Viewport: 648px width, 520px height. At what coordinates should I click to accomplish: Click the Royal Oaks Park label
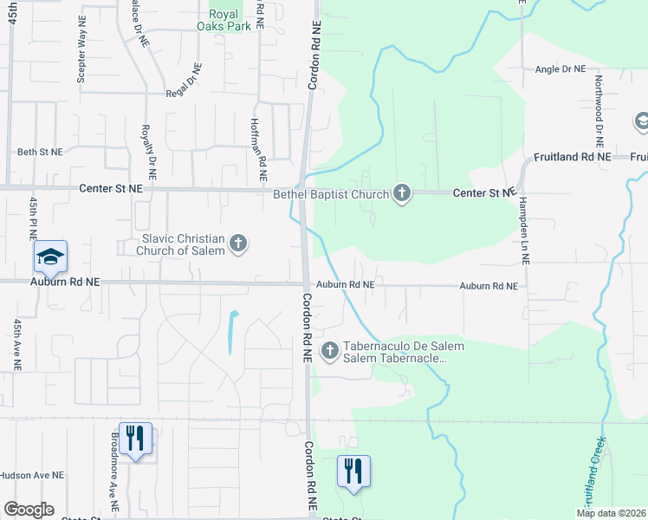coord(230,20)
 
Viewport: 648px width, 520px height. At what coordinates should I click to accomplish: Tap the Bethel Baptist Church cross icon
coord(401,192)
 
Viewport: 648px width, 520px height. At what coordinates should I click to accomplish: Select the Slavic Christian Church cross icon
coord(239,245)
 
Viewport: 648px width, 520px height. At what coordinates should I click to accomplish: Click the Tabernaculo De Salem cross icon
coord(329,351)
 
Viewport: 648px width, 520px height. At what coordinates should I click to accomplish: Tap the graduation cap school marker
coord(50,257)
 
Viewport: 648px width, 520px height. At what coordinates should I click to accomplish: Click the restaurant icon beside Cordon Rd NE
coord(353,471)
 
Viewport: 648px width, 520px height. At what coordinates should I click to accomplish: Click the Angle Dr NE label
coord(561,69)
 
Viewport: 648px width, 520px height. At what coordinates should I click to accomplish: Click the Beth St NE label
coord(40,152)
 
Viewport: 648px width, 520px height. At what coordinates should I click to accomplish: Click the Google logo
coord(29,510)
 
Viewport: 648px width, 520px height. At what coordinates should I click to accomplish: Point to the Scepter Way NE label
coord(81,55)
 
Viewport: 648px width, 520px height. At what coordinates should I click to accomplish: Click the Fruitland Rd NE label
coord(573,157)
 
